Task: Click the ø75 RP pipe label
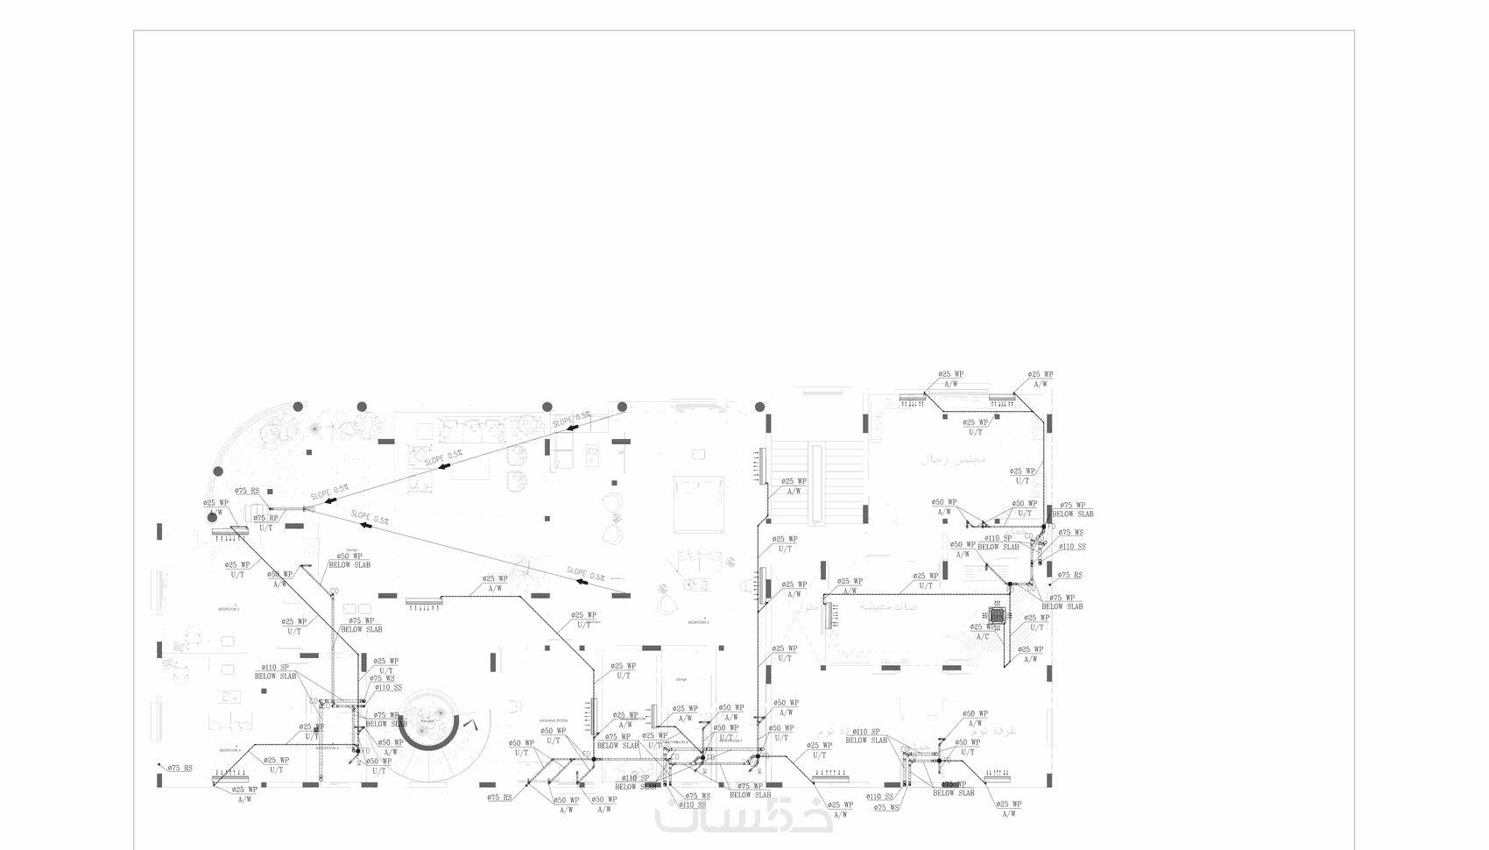click(x=267, y=519)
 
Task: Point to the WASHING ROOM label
click(x=554, y=720)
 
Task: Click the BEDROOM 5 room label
click(x=698, y=622)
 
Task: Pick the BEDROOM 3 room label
click(x=229, y=608)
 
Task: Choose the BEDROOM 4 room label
click(x=229, y=750)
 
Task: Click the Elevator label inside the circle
click(x=427, y=721)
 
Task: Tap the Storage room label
click(x=681, y=679)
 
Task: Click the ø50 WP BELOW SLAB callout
click(x=349, y=561)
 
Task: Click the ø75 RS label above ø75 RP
click(x=247, y=492)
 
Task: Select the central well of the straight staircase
click(x=817, y=485)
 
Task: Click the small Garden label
click(x=341, y=550)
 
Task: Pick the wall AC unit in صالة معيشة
click(x=825, y=616)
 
